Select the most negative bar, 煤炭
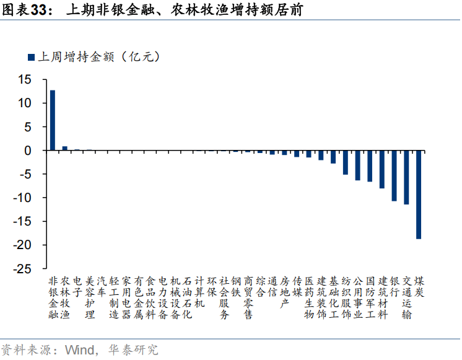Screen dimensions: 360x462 click(x=419, y=195)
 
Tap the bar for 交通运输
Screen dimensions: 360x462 click(x=406, y=177)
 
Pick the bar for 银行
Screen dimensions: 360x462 click(x=394, y=175)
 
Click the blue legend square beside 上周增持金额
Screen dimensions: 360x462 click(x=31, y=58)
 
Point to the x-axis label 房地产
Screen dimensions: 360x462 click(x=285, y=291)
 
